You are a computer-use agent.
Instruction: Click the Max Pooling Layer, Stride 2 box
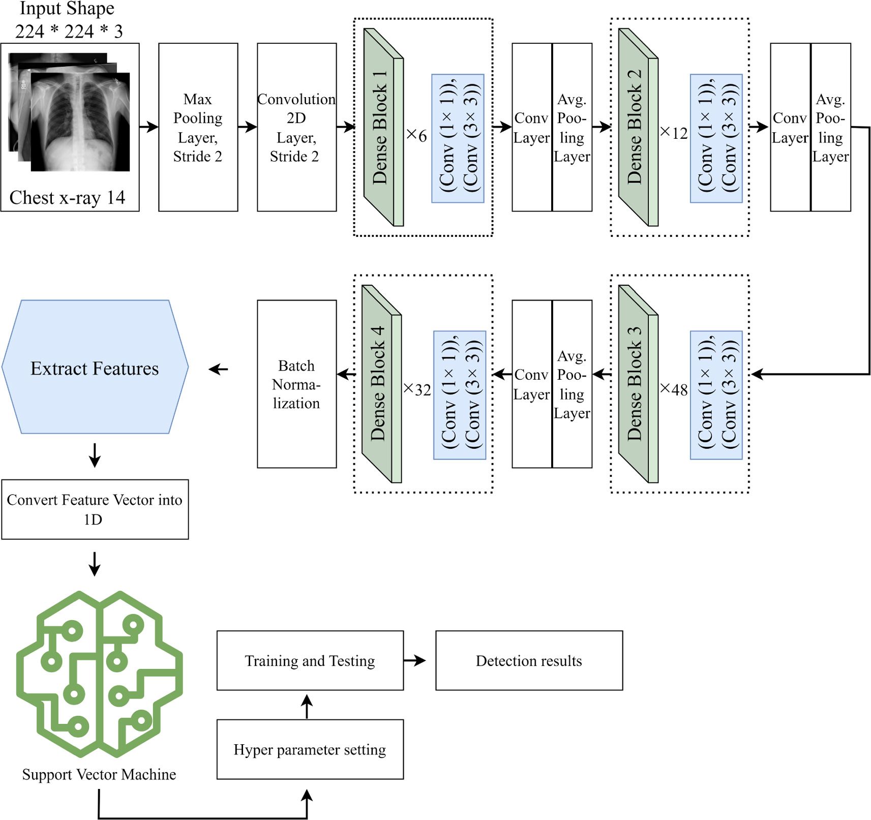pyautogui.click(x=198, y=127)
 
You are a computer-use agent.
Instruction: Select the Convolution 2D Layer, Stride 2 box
pyautogui.click(x=296, y=127)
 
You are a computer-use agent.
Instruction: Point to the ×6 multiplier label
pyautogui.click(x=416, y=135)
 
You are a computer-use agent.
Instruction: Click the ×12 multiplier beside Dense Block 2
pyautogui.click(x=674, y=133)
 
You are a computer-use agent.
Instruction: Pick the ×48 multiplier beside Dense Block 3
pyautogui.click(x=674, y=390)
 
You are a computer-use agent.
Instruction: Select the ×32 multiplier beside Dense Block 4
pyautogui.click(x=417, y=390)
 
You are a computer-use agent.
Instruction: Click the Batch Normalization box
pyautogui.click(x=296, y=384)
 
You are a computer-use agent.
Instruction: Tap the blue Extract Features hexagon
pyautogui.click(x=95, y=368)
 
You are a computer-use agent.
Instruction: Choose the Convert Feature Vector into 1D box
pyautogui.click(x=95, y=509)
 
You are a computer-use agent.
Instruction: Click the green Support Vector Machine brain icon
pyautogui.click(x=99, y=674)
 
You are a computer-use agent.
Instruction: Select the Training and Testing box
pyautogui.click(x=310, y=660)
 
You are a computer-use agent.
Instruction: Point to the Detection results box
pyautogui.click(x=529, y=660)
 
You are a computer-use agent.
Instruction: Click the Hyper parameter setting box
pyautogui.click(x=310, y=749)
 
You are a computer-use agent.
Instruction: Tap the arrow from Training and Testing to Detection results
pyautogui.click(x=415, y=660)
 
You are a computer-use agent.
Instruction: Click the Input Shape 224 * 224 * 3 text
pyautogui.click(x=68, y=20)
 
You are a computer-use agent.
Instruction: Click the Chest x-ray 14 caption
pyautogui.click(x=67, y=198)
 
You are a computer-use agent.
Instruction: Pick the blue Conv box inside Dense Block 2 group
pyautogui.click(x=716, y=138)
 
